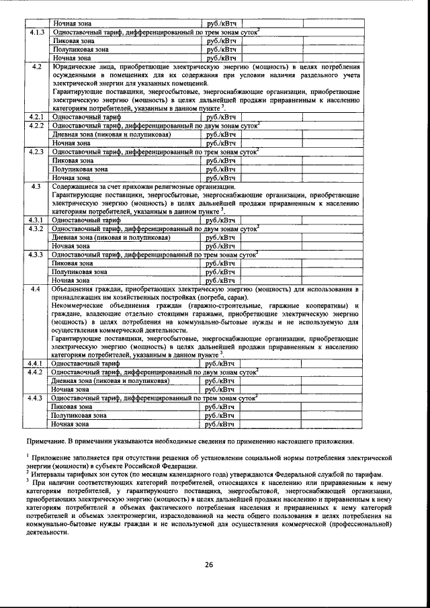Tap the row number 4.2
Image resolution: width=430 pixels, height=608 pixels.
(x=36, y=67)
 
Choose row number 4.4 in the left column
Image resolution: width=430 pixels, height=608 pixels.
(x=36, y=290)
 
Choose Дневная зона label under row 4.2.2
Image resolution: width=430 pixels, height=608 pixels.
(x=74, y=134)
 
